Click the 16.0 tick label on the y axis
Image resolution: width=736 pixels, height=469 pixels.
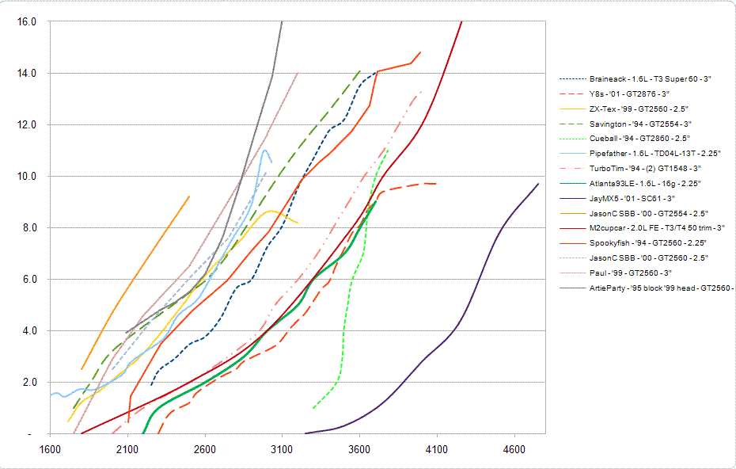click(27, 21)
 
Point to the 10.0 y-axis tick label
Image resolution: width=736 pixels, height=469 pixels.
click(27, 176)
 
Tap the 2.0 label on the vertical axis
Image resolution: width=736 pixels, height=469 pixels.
click(28, 382)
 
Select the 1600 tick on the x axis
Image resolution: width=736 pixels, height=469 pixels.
click(49, 448)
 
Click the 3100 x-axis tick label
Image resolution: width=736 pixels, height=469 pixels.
click(282, 448)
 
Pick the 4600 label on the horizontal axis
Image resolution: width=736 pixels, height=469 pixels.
click(514, 448)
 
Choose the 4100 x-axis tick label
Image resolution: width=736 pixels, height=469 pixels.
click(437, 448)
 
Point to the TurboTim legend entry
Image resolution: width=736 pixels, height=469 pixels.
click(645, 168)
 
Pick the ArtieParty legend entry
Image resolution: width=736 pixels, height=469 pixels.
click(662, 288)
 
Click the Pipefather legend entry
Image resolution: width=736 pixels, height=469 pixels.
click(652, 153)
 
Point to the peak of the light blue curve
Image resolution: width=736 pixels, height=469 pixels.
click(264, 150)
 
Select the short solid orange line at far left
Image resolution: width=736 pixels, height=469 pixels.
click(135, 277)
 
